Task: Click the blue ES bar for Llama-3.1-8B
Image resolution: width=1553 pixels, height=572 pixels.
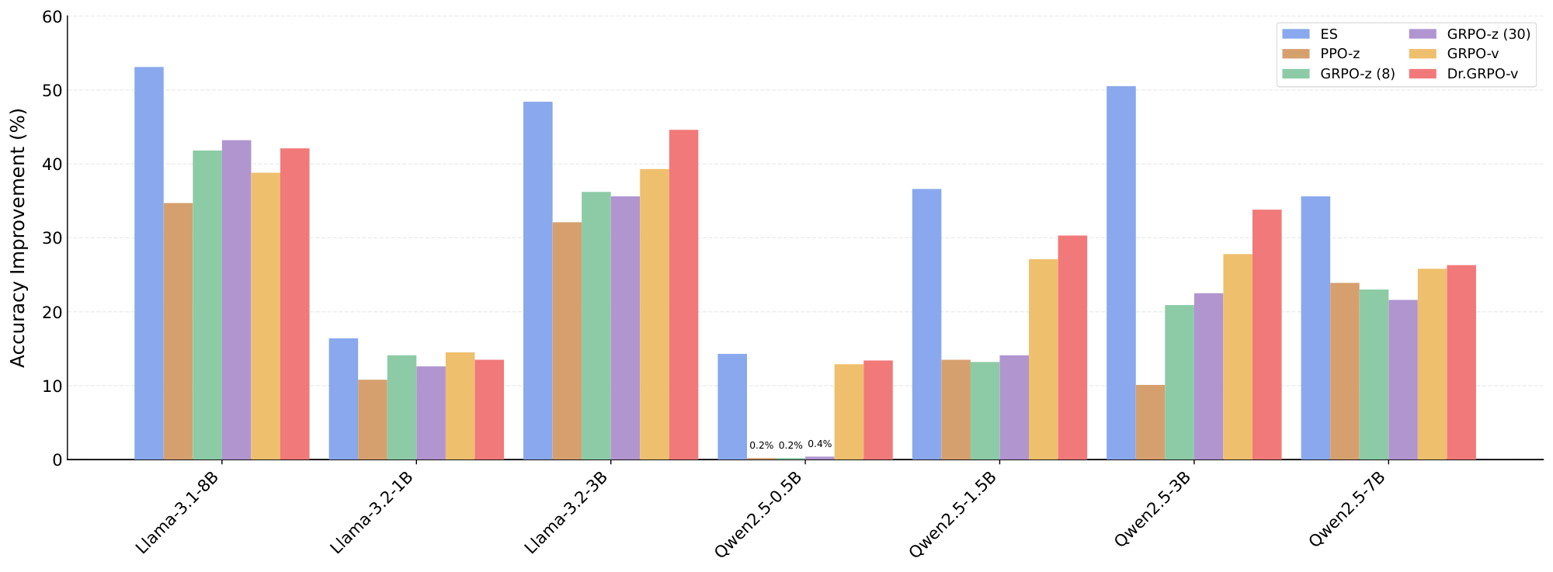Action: [148, 263]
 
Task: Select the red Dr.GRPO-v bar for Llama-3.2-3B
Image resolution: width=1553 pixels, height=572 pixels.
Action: [683, 294]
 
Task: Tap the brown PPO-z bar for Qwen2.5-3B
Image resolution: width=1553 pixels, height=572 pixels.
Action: [1150, 422]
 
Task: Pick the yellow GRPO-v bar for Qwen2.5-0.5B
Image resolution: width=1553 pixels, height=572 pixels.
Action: [849, 411]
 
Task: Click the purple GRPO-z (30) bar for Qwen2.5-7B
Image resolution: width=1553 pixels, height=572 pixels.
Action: [1403, 380]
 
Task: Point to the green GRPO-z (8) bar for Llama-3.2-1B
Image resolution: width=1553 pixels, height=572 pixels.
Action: [401, 407]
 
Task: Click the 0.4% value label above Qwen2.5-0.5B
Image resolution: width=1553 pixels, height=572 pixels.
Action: [819, 444]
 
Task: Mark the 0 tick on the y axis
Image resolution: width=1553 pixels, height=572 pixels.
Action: [56, 460]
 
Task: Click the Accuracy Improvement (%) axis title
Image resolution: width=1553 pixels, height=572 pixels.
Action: [19, 237]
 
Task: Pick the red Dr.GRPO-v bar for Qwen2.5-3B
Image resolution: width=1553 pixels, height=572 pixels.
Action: [1266, 335]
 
